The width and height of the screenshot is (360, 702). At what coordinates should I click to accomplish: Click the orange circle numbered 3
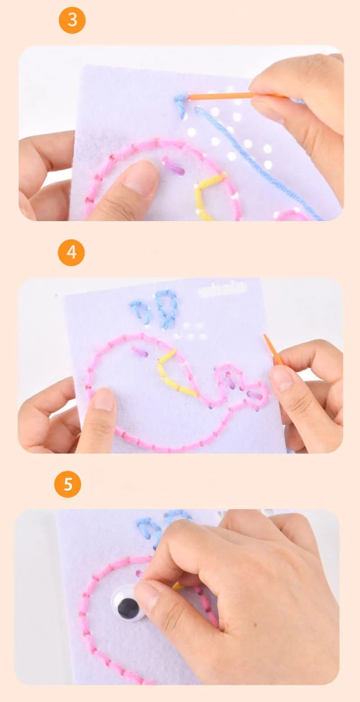[72, 20]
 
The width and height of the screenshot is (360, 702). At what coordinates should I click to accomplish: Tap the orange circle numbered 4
[72, 253]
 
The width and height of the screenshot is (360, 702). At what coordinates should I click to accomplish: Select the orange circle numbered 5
[67, 485]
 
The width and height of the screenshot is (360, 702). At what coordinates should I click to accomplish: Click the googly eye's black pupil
[129, 609]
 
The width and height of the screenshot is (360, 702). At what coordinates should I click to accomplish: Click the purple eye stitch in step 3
[173, 166]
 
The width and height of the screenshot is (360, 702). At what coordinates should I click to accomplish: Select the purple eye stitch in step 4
[140, 351]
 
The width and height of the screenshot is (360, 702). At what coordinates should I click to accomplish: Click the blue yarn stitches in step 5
[151, 529]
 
